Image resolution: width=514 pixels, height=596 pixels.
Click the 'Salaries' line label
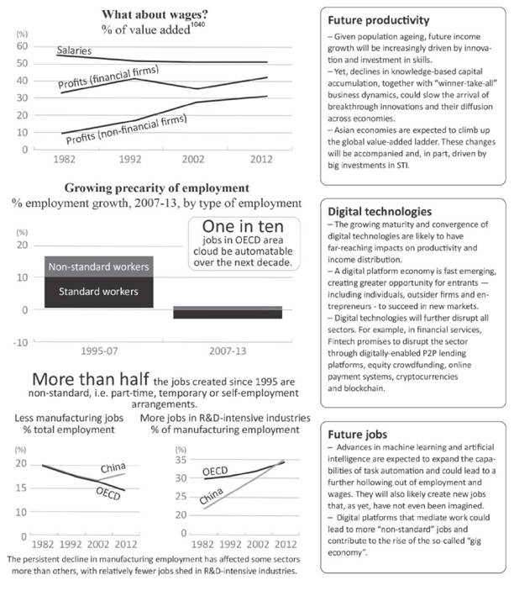click(75, 52)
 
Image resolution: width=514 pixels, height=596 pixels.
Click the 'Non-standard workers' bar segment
click(99, 267)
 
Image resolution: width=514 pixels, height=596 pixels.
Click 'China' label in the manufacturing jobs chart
click(113, 467)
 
